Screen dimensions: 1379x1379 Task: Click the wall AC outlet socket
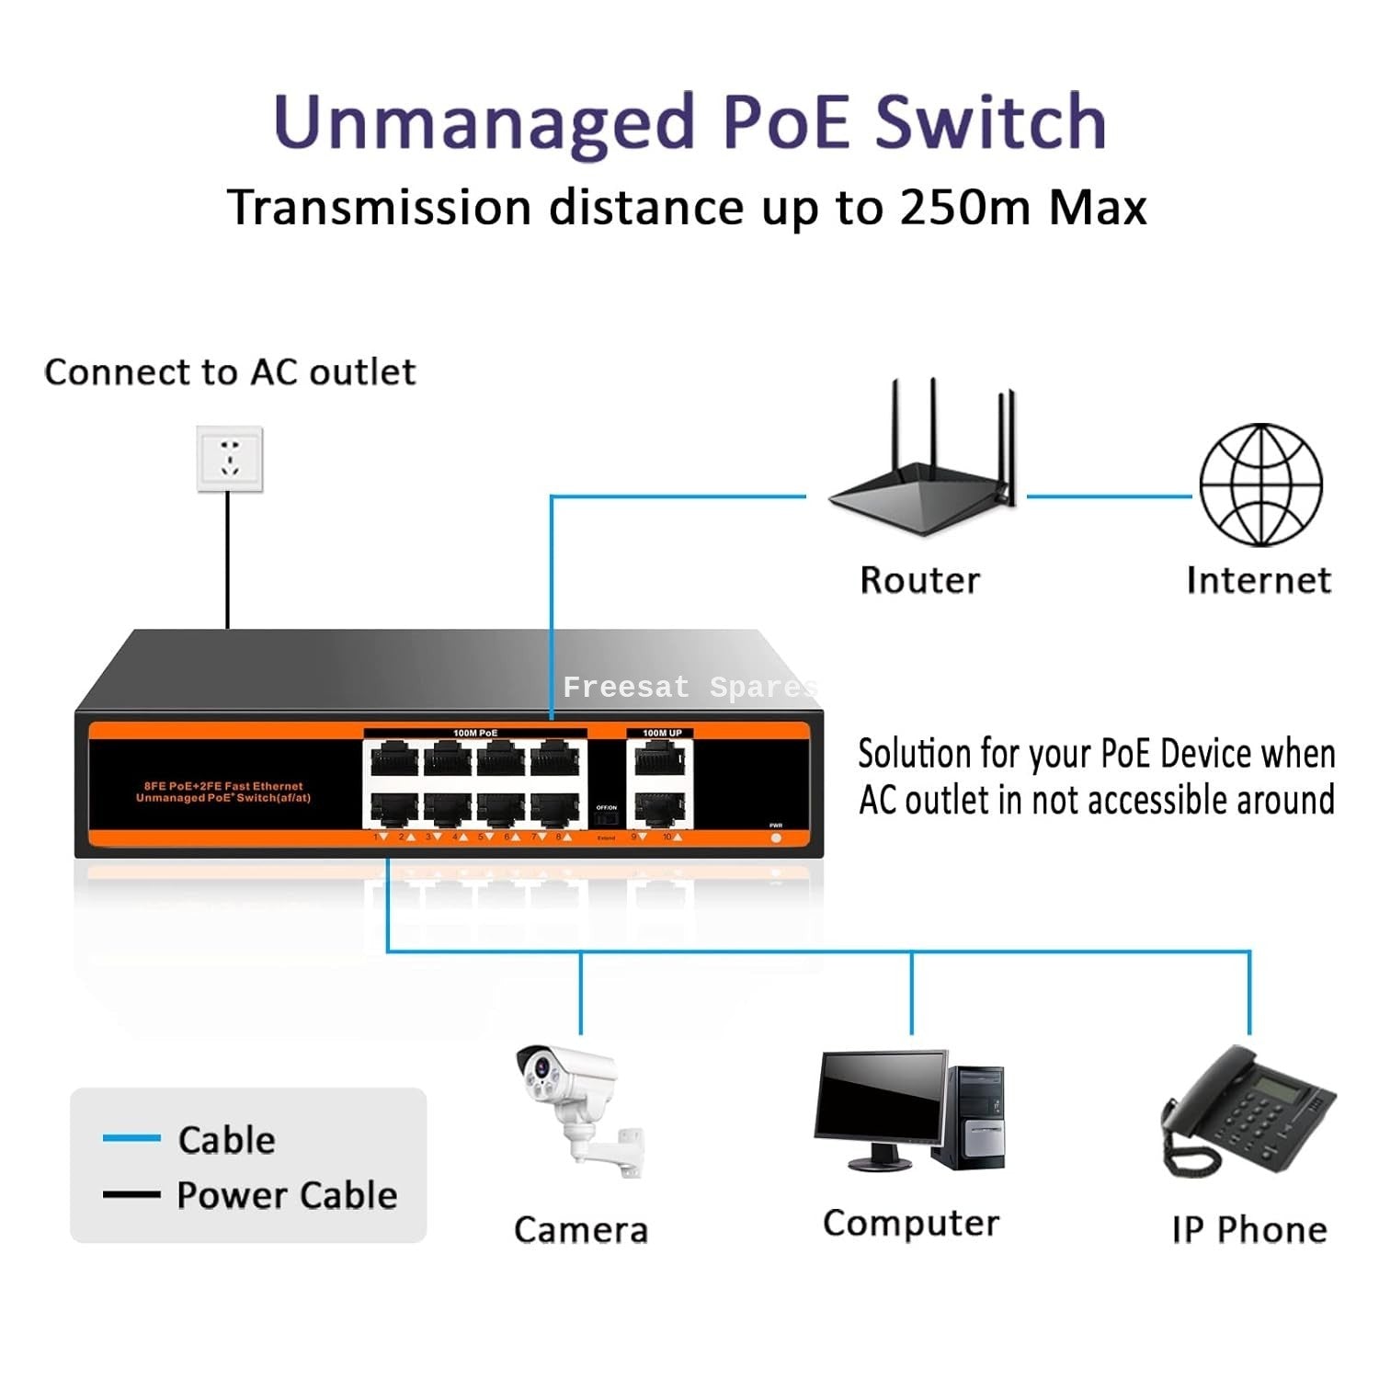(x=230, y=458)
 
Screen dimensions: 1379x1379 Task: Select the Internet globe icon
(x=1260, y=484)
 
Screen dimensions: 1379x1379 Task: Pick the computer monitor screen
(x=880, y=1098)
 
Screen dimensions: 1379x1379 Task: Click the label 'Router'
(x=919, y=581)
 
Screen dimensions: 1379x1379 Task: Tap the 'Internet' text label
(x=1259, y=581)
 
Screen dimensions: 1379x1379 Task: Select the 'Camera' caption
(x=581, y=1230)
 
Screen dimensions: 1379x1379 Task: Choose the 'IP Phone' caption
(x=1249, y=1230)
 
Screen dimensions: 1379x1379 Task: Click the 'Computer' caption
(x=910, y=1224)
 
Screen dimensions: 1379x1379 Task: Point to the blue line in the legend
(x=131, y=1138)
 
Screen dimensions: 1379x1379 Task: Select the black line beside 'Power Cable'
(x=131, y=1194)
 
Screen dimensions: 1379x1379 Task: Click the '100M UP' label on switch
(x=662, y=733)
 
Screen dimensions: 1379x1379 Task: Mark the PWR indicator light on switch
(x=776, y=838)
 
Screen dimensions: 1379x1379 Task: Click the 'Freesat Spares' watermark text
(x=689, y=688)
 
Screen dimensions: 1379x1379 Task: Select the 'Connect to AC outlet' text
(x=230, y=372)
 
